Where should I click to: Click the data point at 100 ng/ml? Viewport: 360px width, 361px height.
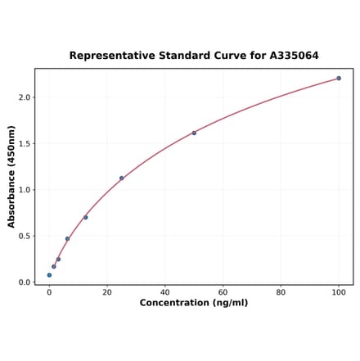[x=339, y=79]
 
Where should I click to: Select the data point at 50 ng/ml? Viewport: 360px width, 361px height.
[x=194, y=133]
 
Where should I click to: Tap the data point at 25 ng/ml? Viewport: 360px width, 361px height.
[x=122, y=178]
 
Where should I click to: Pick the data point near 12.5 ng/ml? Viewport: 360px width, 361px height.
[x=86, y=217]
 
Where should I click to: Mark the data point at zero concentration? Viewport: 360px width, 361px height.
[x=49, y=275]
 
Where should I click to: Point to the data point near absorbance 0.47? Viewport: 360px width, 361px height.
[x=67, y=239]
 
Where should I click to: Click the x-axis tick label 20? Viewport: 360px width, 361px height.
[x=107, y=292]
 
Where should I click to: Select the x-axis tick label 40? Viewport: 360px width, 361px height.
[x=165, y=292]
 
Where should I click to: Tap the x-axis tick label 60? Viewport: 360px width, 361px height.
[x=223, y=292]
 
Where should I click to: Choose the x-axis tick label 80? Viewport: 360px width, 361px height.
[x=281, y=292]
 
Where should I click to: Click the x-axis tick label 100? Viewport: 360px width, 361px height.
[x=339, y=292]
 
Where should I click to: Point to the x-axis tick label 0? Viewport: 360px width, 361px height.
[x=49, y=292]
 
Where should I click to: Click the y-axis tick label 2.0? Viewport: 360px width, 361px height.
[x=24, y=97]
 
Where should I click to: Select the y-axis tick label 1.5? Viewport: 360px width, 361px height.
[x=24, y=144]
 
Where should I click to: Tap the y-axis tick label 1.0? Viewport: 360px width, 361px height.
[x=24, y=190]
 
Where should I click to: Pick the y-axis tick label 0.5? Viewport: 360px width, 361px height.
[x=24, y=237]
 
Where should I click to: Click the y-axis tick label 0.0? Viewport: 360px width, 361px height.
[x=24, y=282]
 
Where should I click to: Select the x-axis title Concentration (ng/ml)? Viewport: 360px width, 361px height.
[x=194, y=303]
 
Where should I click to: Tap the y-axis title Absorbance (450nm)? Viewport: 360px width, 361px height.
[x=11, y=177]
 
